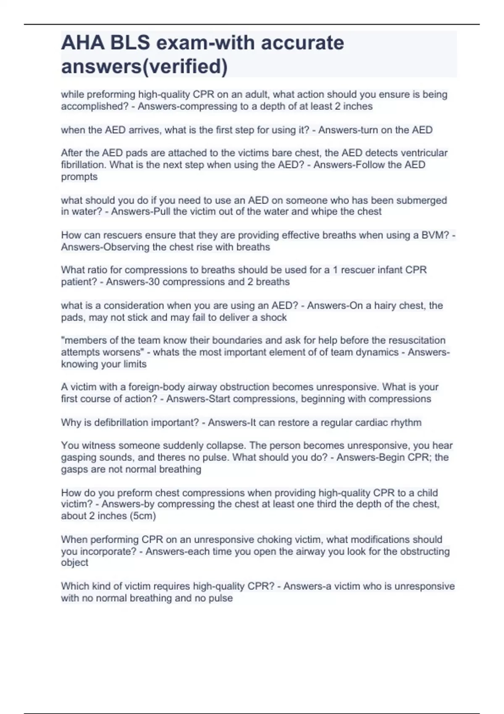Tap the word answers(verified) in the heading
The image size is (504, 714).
pos(144,66)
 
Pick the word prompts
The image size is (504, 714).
pos(79,176)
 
